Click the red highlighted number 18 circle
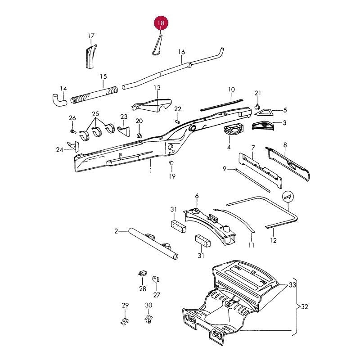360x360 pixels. click(161, 23)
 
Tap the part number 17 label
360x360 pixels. click(91, 36)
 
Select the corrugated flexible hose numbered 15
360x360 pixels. click(94, 94)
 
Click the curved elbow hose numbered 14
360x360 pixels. click(58, 99)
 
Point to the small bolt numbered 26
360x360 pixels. click(73, 131)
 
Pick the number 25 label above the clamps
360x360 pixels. click(95, 114)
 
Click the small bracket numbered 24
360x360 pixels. click(74, 147)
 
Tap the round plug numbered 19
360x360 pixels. click(171, 162)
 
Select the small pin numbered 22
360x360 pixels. click(178, 121)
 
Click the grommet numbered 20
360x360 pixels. click(139, 136)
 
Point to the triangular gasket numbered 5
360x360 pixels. click(263, 112)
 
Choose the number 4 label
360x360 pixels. click(229, 147)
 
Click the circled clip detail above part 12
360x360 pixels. click(288, 197)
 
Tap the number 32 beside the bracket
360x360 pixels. click(305, 307)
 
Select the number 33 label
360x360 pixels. click(292, 285)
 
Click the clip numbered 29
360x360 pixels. click(125, 321)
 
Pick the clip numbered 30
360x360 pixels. click(149, 319)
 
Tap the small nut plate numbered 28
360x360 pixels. click(143, 274)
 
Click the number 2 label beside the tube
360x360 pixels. click(116, 231)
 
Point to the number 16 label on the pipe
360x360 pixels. click(182, 52)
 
